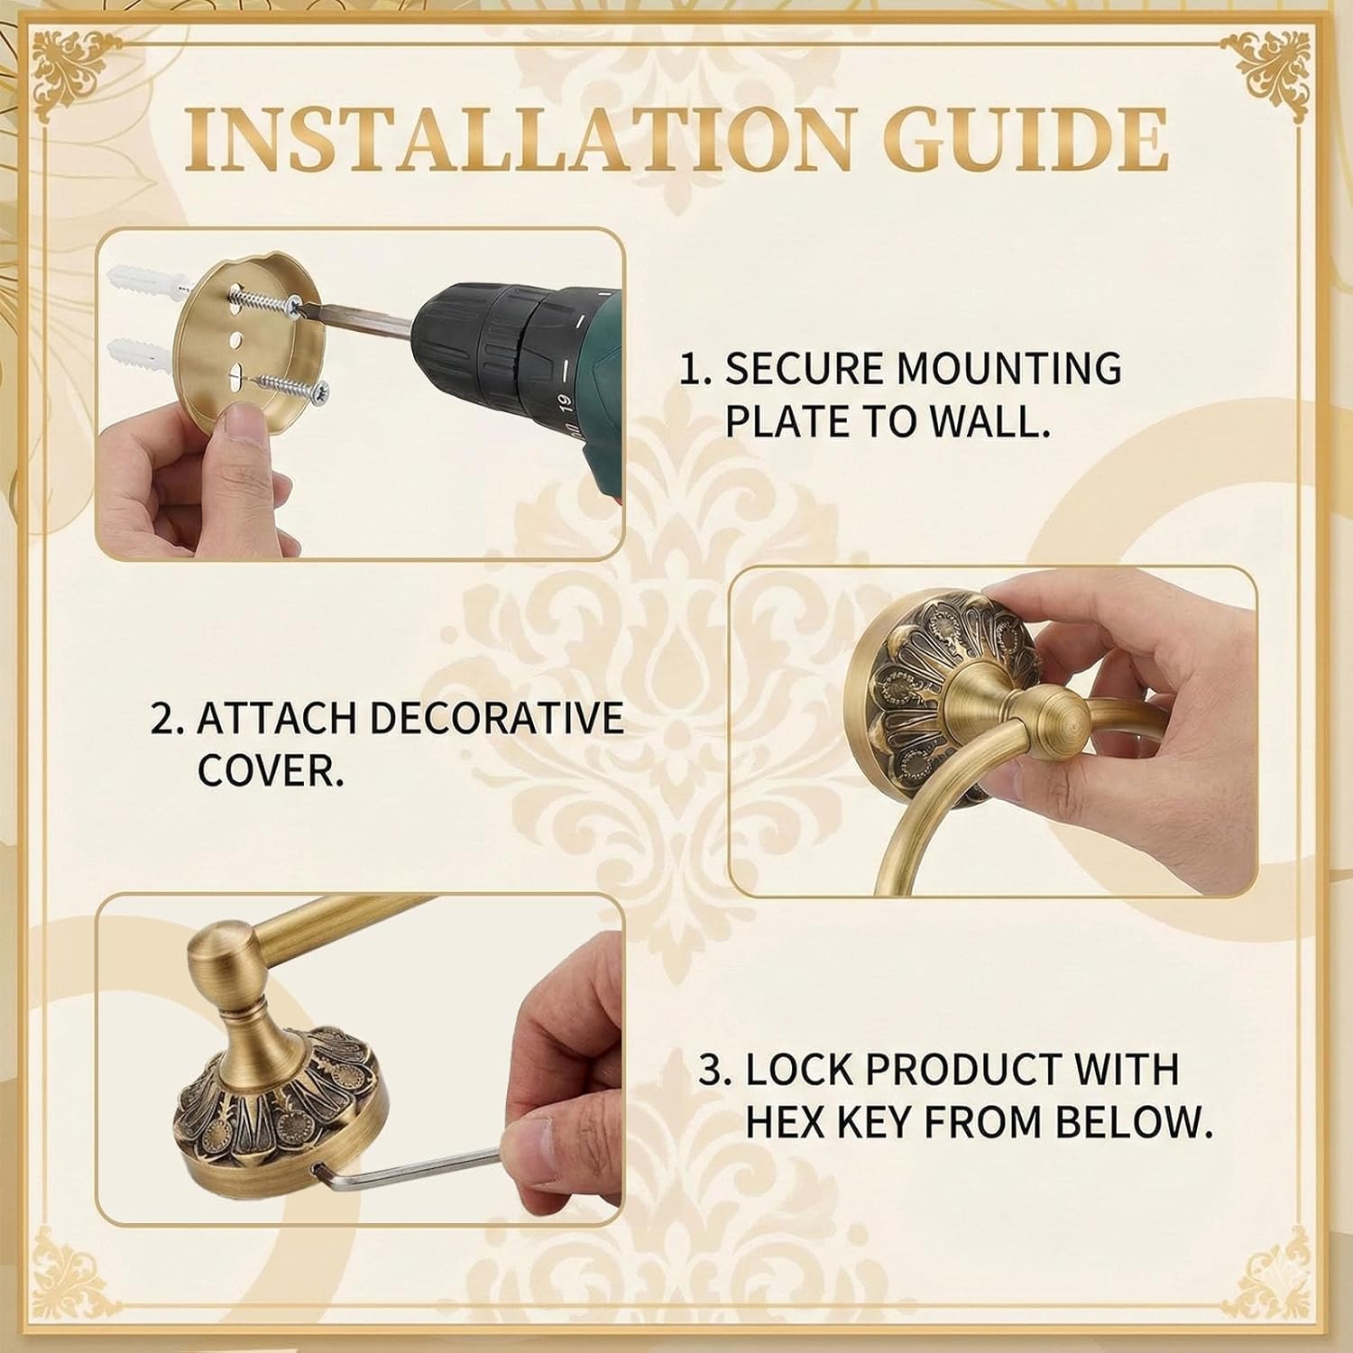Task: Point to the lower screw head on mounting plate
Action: pos(318,391)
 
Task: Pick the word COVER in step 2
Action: pos(270,770)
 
